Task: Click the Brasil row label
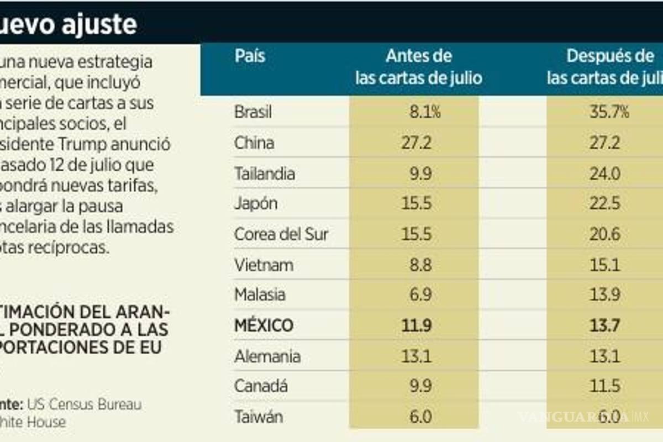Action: click(x=253, y=113)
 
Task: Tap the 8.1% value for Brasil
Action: click(x=421, y=113)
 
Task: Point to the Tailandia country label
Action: click(x=264, y=173)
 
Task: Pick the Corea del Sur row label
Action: click(x=281, y=234)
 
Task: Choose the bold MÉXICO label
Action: click(x=264, y=325)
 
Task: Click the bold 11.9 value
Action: click(x=418, y=325)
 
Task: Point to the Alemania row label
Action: click(x=267, y=356)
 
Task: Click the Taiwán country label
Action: click(x=259, y=416)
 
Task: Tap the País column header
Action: click(x=250, y=56)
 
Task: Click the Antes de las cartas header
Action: click(x=418, y=67)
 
